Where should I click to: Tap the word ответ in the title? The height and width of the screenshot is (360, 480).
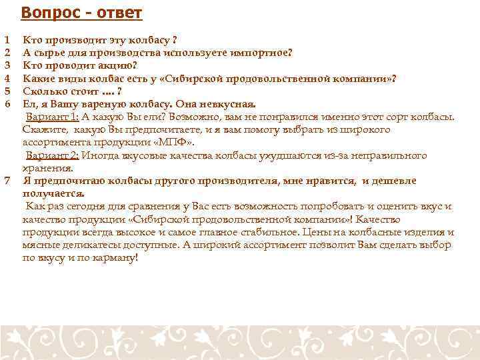pos(114,13)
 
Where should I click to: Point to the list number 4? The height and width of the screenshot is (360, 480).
pos(7,79)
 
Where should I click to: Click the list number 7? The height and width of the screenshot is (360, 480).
pos(7,181)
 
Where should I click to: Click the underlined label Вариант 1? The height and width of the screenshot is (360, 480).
pos(53,117)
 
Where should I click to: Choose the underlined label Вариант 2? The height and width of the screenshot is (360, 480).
pos(53,155)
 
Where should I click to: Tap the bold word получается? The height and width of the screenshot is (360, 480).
pos(53,193)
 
